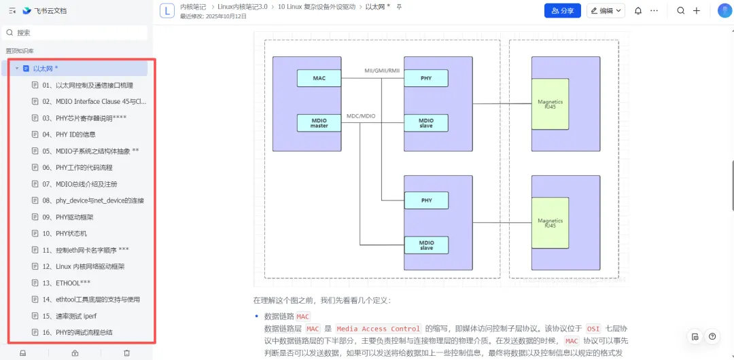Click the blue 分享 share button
point(563,11)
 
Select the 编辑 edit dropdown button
point(606,11)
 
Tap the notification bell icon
point(638,11)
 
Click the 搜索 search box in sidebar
point(75,33)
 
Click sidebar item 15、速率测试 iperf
point(69,316)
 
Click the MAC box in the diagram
point(319,78)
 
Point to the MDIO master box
point(319,123)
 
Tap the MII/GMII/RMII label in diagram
point(381,71)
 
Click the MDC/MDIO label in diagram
point(361,115)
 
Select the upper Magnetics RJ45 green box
point(550,104)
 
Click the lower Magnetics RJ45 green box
point(550,223)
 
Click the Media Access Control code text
point(379,329)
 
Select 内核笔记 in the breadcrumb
point(193,7)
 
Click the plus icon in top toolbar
point(697,11)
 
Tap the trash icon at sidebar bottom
point(127,353)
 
